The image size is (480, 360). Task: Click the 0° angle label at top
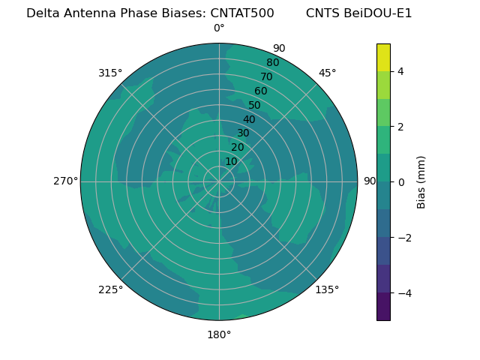[219, 28]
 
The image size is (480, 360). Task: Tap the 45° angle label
[327, 73]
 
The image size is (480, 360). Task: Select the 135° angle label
[327, 289]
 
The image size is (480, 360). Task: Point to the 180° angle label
[219, 334]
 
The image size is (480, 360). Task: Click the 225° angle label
[110, 289]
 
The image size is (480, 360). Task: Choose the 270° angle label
[65, 181]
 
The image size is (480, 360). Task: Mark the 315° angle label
[110, 73]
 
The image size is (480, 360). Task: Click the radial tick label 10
[231, 161]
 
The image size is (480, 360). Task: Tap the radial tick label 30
[243, 133]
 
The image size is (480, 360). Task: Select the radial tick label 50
[255, 105]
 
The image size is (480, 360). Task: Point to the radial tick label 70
[267, 76]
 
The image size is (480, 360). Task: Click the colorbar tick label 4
[401, 71]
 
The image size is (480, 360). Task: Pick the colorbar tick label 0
[401, 182]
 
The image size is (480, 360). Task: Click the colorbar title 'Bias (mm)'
[421, 182]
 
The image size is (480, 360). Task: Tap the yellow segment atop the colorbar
[383, 57]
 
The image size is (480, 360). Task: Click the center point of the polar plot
[219, 181]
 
